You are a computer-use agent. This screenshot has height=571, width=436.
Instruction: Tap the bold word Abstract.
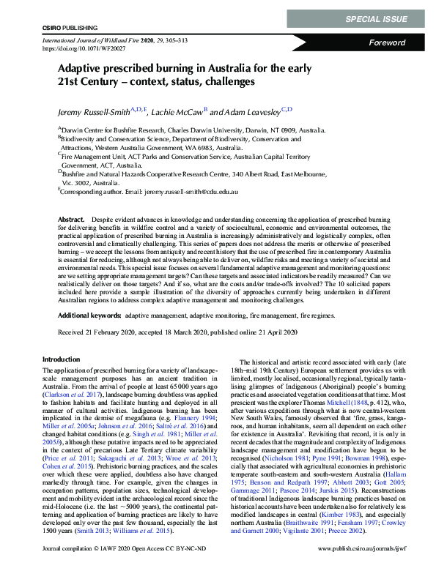click(71, 220)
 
